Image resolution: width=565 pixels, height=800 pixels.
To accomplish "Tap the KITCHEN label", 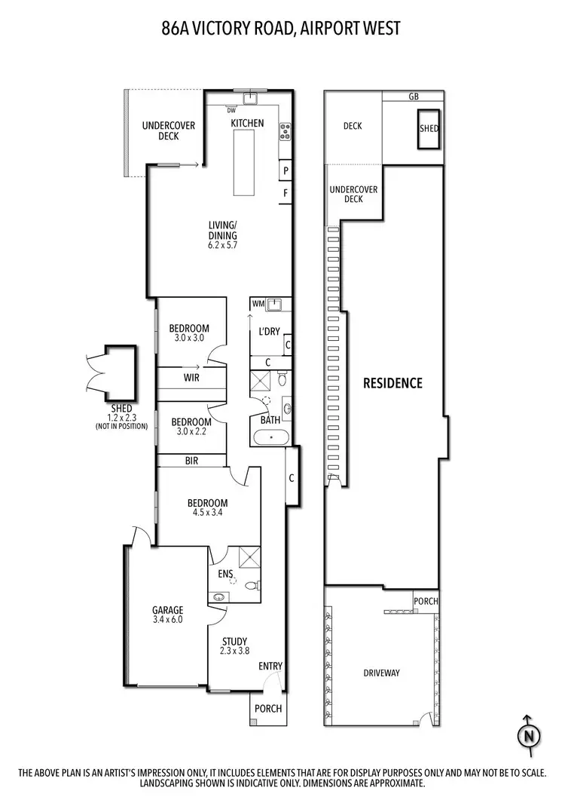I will [247, 123].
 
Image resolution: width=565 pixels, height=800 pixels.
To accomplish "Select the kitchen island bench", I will [243, 162].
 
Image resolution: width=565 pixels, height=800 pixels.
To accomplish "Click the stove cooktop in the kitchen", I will [286, 132].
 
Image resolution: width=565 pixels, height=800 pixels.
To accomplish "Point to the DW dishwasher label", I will [231, 110].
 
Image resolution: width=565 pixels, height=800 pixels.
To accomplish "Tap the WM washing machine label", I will [258, 304].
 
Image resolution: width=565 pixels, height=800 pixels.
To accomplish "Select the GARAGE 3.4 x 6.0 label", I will [167, 615].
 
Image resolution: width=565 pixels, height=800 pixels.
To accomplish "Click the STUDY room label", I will [234, 646].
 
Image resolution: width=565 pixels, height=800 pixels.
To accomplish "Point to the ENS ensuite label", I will [224, 575].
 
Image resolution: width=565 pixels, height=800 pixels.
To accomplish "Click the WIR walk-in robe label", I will [191, 377].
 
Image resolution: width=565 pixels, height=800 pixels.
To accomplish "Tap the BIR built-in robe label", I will [191, 460].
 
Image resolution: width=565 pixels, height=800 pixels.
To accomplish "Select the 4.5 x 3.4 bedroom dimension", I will [207, 513].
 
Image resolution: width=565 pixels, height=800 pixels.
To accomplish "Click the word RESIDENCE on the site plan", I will [392, 382].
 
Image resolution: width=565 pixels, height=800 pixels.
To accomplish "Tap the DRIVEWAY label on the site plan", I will [381, 673].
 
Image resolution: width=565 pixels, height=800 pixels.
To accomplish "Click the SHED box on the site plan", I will [429, 128].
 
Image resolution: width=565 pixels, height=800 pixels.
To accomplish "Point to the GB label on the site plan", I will [413, 97].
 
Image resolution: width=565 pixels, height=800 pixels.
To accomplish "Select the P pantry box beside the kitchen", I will [286, 171].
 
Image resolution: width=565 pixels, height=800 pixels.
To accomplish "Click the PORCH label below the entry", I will [268, 708].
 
